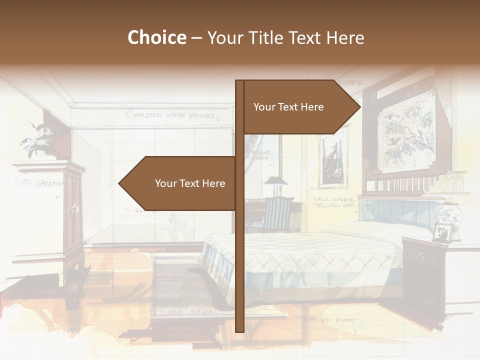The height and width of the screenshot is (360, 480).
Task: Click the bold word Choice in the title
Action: pyautogui.click(x=156, y=38)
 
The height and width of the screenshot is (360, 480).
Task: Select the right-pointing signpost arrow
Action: pyautogui.click(x=300, y=107)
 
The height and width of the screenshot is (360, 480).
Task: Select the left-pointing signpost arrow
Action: pyautogui.click(x=180, y=183)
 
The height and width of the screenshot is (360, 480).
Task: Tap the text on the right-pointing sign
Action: pyautogui.click(x=288, y=107)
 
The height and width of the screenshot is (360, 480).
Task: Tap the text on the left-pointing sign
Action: pyautogui.click(x=190, y=183)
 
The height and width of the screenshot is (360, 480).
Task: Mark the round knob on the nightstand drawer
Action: pyautogui.click(x=420, y=257)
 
